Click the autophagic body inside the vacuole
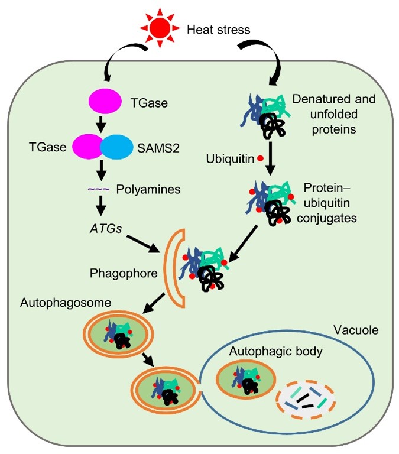click(x=243, y=380)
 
